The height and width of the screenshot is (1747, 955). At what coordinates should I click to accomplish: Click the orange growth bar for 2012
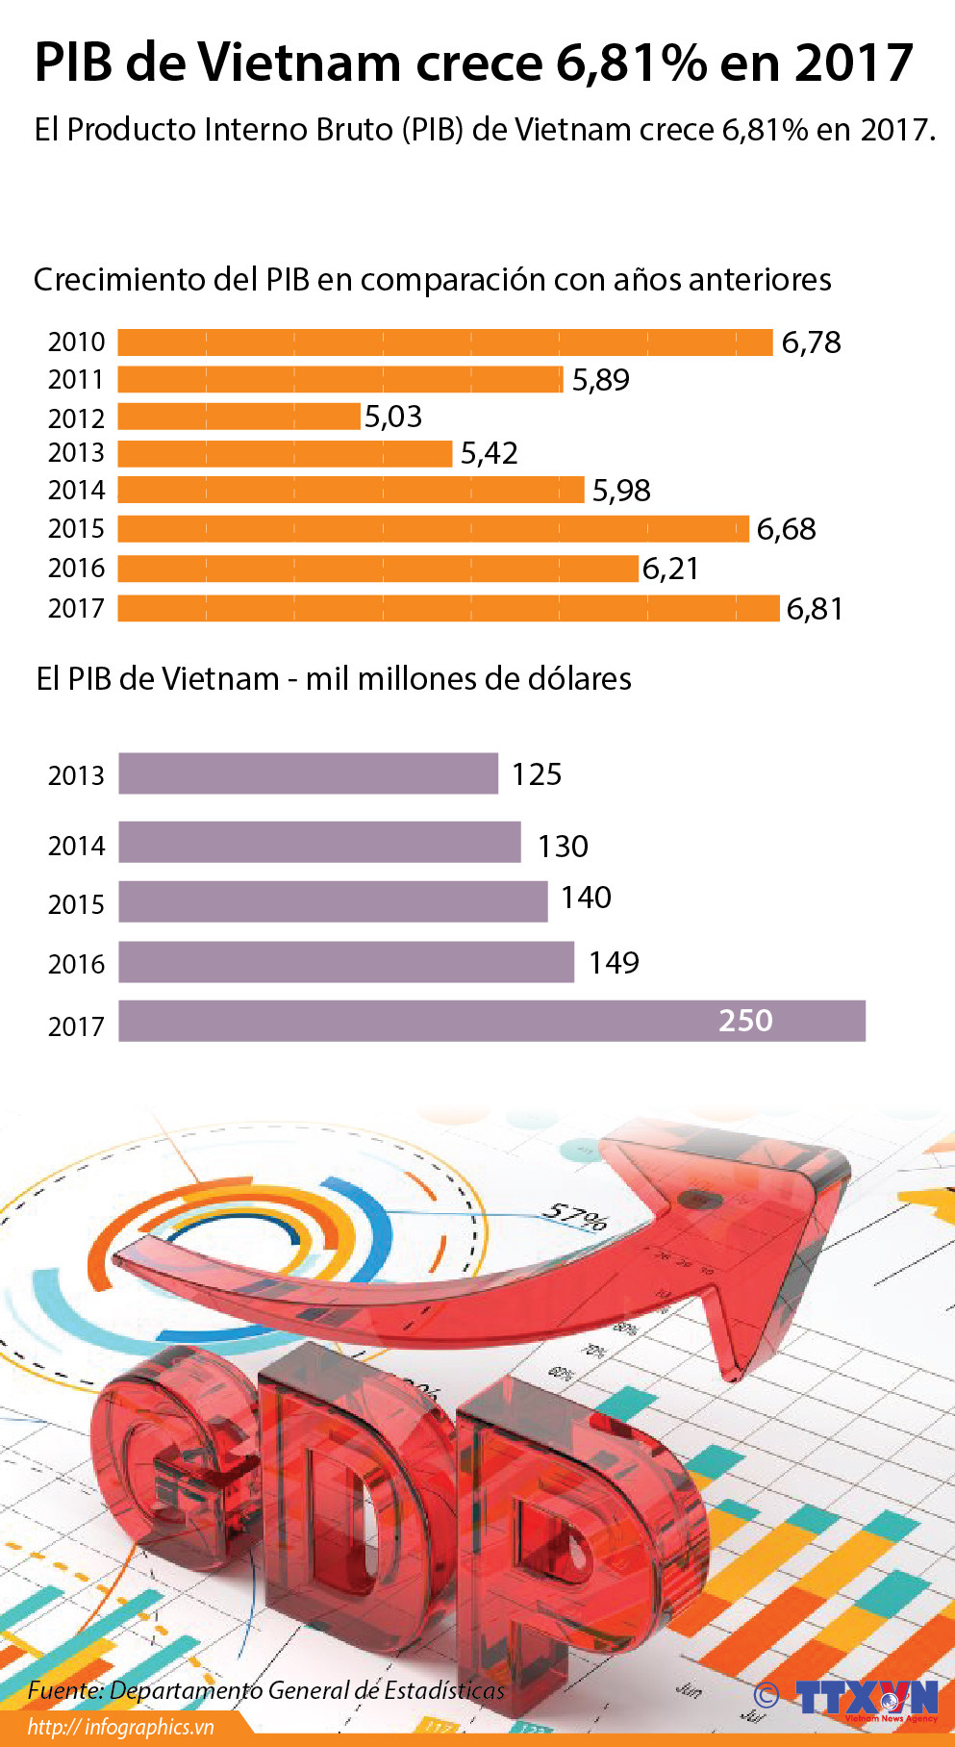[239, 417]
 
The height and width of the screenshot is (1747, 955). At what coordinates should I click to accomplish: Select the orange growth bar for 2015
[433, 528]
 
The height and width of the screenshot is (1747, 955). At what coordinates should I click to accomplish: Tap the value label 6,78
[811, 342]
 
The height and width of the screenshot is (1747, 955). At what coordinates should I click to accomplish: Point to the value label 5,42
[489, 453]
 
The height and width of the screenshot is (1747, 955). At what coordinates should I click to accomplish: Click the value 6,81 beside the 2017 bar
[815, 609]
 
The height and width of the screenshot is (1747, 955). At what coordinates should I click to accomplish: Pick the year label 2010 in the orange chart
[76, 342]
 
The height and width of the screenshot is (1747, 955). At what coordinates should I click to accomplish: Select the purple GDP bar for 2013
[308, 773]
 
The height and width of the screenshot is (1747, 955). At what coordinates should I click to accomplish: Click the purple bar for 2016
[346, 962]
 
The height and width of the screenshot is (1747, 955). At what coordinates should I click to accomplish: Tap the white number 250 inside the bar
[745, 1021]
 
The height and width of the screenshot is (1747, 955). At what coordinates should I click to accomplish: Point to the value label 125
[536, 774]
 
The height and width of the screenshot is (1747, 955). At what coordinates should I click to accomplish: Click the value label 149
[614, 963]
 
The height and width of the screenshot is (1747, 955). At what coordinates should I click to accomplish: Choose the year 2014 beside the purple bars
[76, 846]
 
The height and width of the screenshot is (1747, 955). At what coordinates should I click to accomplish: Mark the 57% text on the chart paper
[574, 1217]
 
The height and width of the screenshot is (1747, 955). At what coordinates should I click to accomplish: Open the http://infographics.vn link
[120, 1727]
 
